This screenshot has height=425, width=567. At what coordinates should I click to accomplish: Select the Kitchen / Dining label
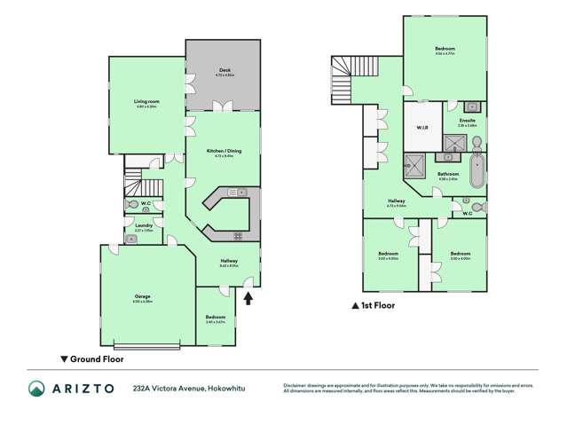pos(223,152)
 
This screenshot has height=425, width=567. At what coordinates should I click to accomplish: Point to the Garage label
pos(142,299)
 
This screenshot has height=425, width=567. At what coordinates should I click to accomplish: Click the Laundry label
pos(143,226)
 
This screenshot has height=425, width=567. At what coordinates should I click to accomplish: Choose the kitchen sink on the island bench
pos(241,192)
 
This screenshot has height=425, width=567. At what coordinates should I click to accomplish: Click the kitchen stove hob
pos(238,234)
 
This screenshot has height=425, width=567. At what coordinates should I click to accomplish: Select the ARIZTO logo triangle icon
pos(36,388)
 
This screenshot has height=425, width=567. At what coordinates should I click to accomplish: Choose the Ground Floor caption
pos(95,359)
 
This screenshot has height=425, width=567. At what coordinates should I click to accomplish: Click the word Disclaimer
pos(297,385)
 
